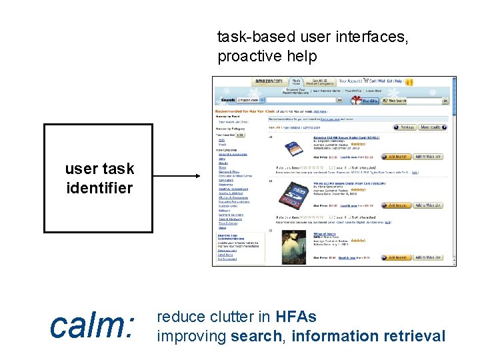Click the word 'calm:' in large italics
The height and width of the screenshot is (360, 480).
coord(92,326)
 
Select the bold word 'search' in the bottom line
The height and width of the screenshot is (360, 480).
coord(256,336)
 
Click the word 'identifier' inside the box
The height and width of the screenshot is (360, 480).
coord(99,188)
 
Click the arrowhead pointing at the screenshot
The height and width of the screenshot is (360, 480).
coord(198,177)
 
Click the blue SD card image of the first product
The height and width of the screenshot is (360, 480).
coord(292,149)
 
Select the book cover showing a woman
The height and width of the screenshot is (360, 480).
coord(291,245)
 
